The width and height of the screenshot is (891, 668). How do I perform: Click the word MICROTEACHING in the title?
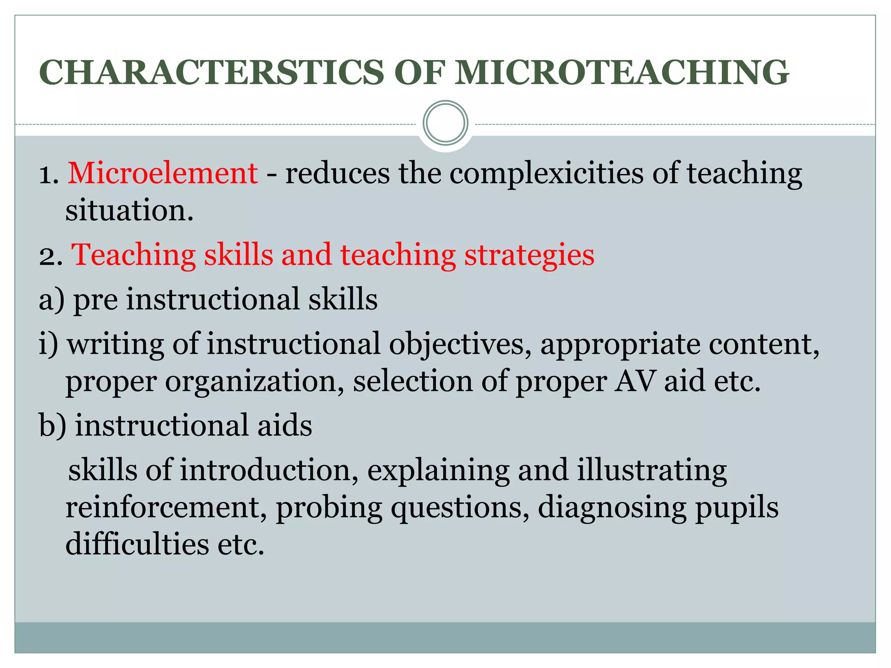622,72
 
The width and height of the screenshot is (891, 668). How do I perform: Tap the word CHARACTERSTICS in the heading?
211,72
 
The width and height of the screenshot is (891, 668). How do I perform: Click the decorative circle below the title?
445,123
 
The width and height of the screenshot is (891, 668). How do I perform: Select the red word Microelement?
163,173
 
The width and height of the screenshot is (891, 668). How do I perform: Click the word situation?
129,210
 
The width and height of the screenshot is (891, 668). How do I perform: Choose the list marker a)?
51,300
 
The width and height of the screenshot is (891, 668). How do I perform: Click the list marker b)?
53,425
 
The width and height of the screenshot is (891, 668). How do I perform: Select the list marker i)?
48,344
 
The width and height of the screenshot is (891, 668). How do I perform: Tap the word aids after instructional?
285,425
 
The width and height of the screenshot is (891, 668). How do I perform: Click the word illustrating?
652,471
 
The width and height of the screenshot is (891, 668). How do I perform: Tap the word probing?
329,508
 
